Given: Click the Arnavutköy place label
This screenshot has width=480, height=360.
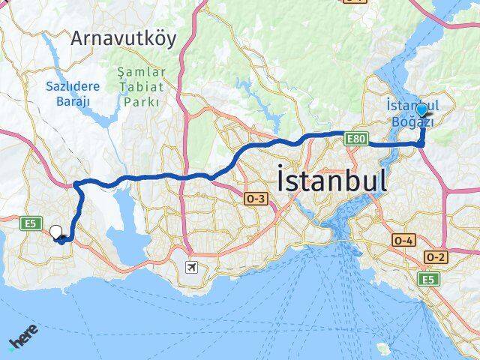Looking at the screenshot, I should pyautogui.click(x=124, y=39).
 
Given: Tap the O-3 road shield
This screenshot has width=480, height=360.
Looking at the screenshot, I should pyautogui.click(x=254, y=198).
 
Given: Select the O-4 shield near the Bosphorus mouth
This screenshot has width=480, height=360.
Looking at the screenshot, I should pyautogui.click(x=403, y=240).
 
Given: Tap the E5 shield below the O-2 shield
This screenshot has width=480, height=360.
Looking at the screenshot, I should pyautogui.click(x=428, y=280).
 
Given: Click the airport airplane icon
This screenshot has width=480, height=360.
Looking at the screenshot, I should pyautogui.click(x=192, y=267).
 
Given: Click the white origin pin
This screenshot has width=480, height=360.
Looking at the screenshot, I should pyautogui.click(x=55, y=232).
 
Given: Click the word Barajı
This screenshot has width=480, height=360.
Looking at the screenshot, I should pyautogui.click(x=72, y=100).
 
